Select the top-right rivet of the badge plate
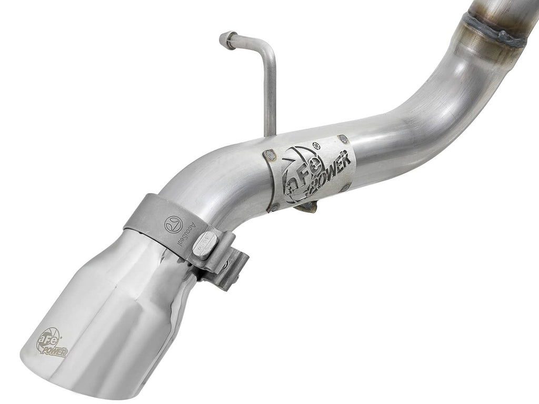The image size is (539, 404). (x=343, y=139)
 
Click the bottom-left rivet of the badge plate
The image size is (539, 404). (x=273, y=206)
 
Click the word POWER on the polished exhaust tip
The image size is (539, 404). (x=55, y=351)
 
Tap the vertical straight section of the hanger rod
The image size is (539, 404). (x=271, y=95)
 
